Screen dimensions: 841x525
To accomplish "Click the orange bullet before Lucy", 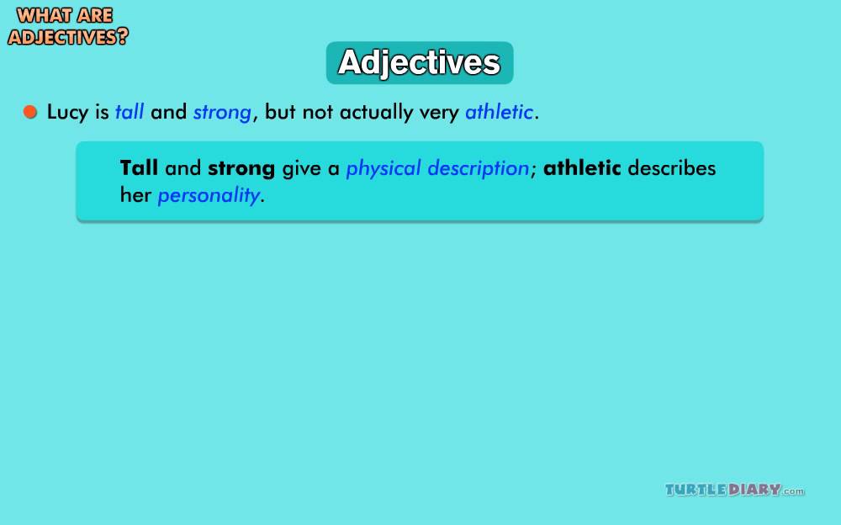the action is coord(30,112).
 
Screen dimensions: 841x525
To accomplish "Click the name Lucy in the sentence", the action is coord(67,113).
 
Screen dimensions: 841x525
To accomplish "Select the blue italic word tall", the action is coord(130,112).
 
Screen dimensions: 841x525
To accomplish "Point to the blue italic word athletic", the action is coord(499,112).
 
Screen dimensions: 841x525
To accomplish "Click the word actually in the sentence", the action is coord(376,113).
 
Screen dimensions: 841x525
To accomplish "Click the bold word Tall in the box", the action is coord(139,168).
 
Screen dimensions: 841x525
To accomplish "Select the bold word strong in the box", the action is coord(241,169).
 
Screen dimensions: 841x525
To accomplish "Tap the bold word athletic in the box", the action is coord(582,168).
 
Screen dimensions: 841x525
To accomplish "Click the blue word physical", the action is coord(383,169).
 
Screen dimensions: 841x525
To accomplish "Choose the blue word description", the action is coord(479,169).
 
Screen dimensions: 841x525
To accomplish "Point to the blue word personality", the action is coord(209,196).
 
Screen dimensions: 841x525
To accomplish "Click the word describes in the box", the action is coord(671,168).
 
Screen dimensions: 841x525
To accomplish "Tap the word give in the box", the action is coord(302,169).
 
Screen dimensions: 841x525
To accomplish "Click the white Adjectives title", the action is coord(420,63).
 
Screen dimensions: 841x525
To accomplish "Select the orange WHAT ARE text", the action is coord(65,16).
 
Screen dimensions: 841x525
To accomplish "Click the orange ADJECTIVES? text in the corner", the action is coord(68,36).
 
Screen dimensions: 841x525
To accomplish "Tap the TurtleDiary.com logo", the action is coord(735,490).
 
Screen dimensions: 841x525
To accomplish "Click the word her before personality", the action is coord(135,195).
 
